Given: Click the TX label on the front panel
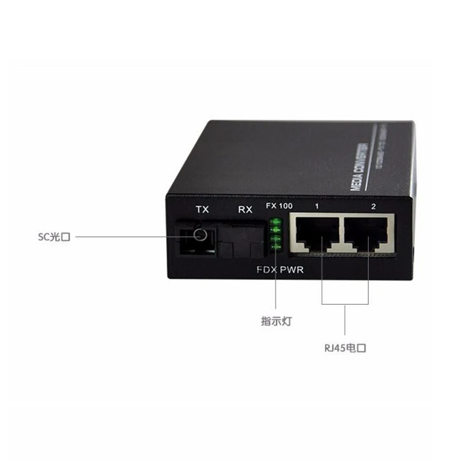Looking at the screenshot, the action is click(202, 210).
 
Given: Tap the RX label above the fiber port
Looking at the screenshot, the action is click(245, 210).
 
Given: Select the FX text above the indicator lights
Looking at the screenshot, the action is click(270, 206).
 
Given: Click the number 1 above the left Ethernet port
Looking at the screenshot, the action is click(316, 206).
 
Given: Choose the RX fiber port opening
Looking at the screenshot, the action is click(244, 242).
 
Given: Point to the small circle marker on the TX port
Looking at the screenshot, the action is click(201, 235).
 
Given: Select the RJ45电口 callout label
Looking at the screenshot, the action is click(345, 347).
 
